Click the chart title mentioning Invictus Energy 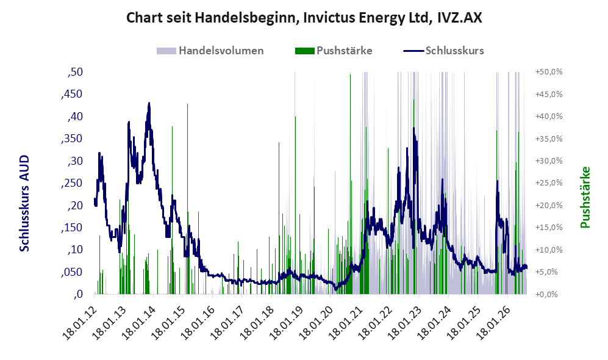304,18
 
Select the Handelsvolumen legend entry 210,51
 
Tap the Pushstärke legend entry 334,51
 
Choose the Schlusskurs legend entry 443,51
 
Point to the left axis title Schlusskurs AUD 24,203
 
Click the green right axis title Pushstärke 585,198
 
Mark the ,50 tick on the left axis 75,72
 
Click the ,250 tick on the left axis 72,183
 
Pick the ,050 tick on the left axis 72,272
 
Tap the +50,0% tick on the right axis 549,72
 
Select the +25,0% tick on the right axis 549,182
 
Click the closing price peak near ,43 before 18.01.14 149,104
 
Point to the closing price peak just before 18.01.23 413,128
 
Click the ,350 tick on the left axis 72,139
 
